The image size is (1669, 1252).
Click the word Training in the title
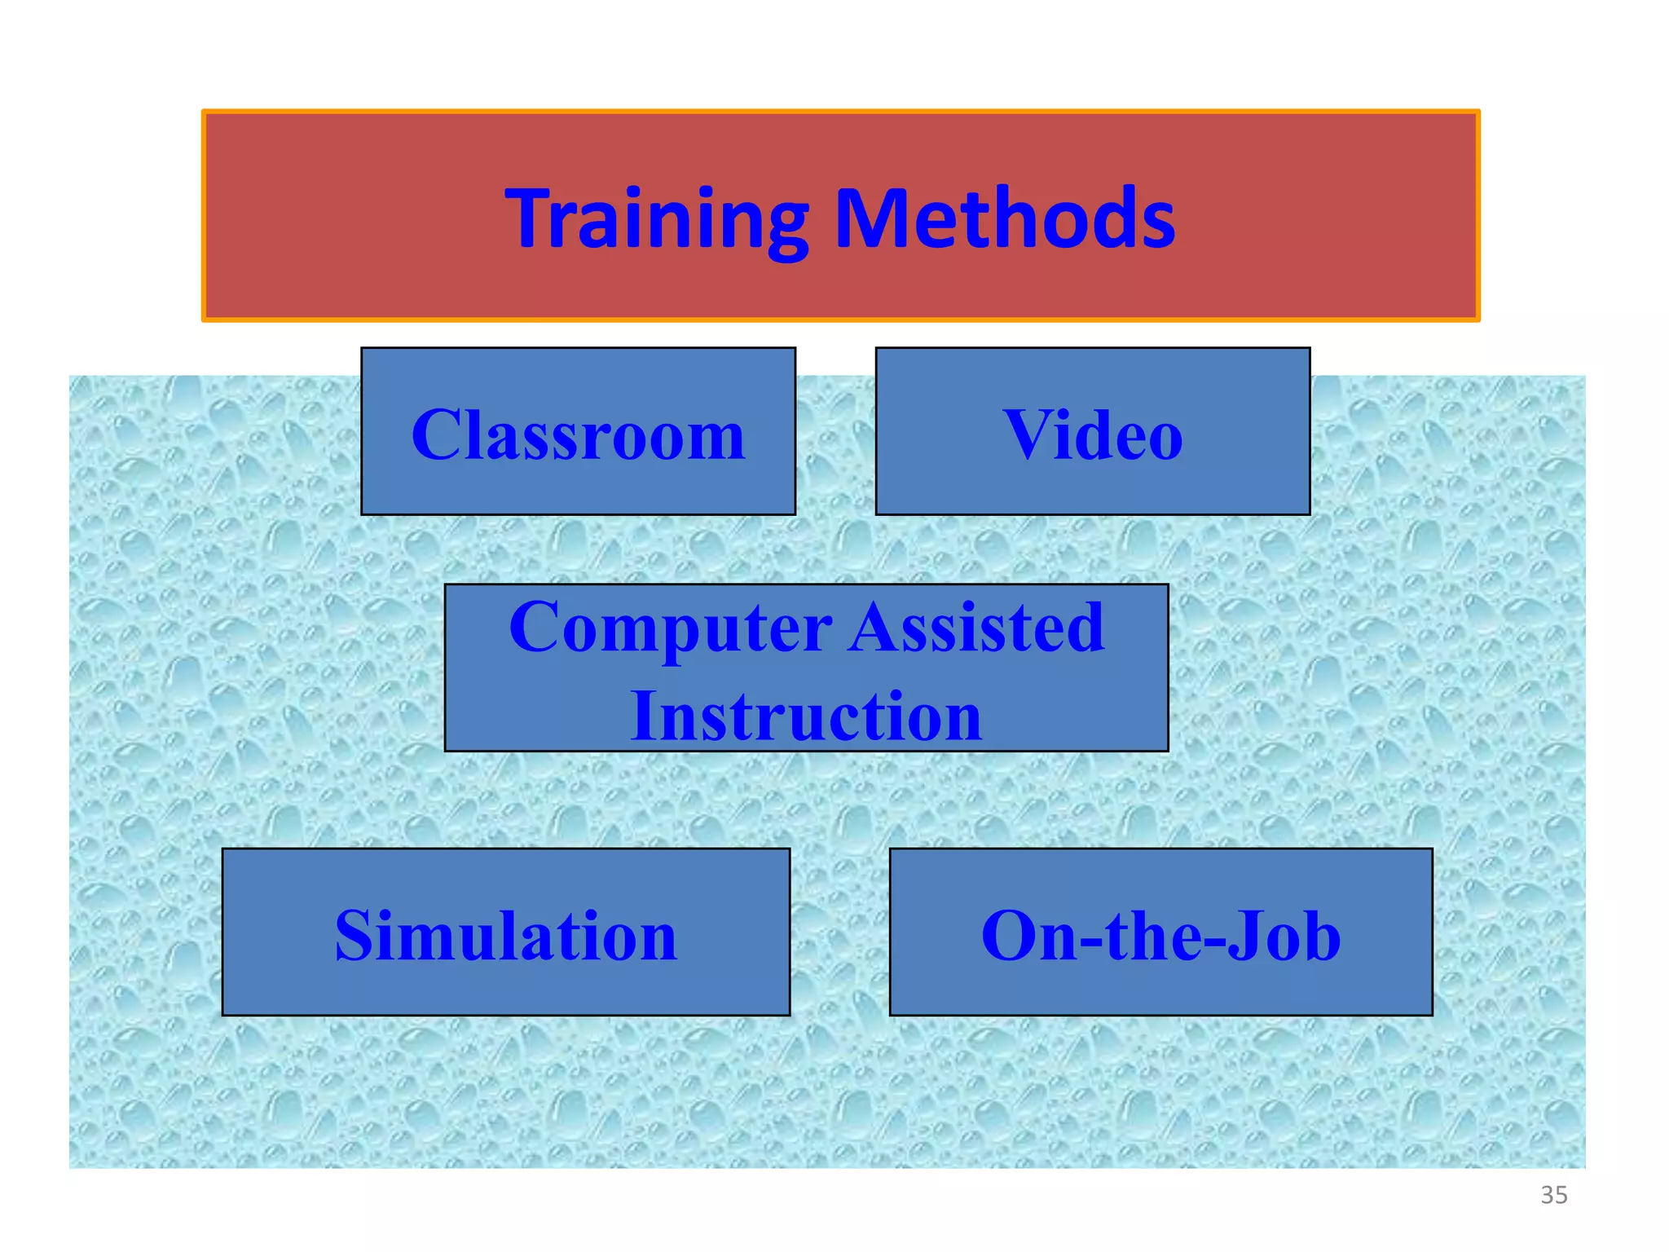656,218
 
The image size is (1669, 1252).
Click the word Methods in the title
1005,218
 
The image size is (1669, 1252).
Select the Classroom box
578,432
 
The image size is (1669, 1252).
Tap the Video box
1092,432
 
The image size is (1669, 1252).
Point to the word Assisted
976,628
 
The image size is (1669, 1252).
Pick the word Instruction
805,716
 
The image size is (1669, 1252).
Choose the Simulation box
505,932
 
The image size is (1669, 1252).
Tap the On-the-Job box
1160,932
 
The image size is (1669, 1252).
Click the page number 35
1553,1195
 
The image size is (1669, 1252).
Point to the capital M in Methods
870,218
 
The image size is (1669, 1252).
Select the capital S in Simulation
355,936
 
